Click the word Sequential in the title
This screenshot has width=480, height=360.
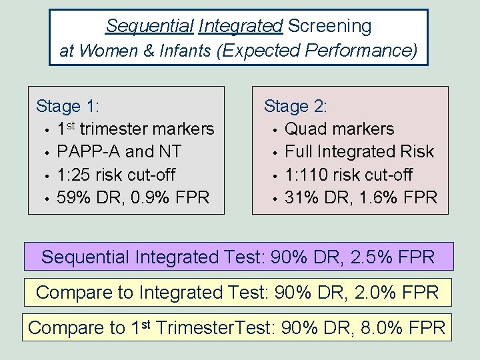(148, 26)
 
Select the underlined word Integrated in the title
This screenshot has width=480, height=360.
(240, 26)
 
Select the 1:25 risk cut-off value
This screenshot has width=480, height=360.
(71, 175)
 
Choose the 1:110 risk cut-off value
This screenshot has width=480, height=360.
(303, 175)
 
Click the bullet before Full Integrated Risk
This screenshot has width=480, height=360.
(274, 153)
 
